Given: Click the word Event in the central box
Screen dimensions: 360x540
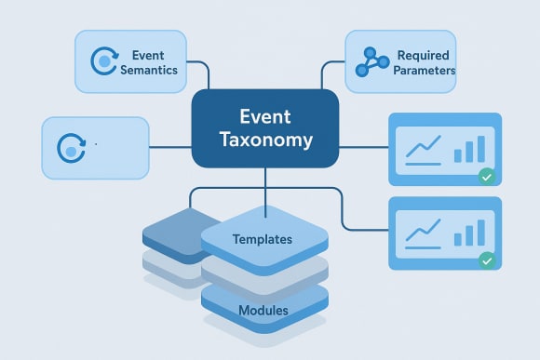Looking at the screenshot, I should (264, 117).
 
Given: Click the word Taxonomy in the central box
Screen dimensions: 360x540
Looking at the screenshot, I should (265, 141).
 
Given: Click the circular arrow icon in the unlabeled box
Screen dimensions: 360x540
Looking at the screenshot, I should (71, 148).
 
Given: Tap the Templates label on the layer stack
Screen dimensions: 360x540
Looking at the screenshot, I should (263, 239).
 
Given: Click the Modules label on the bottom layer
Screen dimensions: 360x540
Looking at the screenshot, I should (263, 309).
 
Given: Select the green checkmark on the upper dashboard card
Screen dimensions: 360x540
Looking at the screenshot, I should (485, 177).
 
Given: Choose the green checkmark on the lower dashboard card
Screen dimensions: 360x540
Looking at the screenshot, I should (485, 261).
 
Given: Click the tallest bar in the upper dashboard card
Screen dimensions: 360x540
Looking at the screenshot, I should (480, 149).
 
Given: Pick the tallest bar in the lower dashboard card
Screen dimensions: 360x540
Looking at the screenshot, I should (480, 233).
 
